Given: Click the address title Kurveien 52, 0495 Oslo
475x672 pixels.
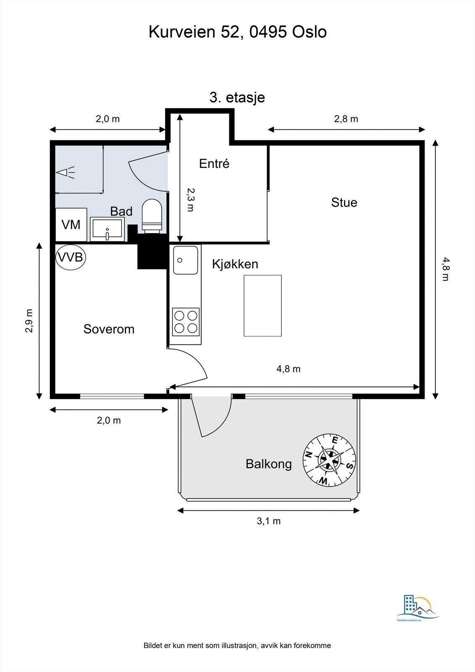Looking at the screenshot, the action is tap(238, 32).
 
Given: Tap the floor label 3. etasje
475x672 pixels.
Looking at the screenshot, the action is tap(237, 98).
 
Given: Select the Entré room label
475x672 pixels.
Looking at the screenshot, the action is tap(214, 163).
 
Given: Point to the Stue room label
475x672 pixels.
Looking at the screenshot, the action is tap(344, 202).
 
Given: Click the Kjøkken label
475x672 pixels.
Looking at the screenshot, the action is tap(235, 264).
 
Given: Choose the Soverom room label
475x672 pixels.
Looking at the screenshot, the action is tap(109, 329).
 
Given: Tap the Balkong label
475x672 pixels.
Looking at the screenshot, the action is tap(268, 464).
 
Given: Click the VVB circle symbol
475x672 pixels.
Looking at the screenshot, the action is tap(71, 257).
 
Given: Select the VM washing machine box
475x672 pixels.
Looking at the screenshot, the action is tap(71, 225).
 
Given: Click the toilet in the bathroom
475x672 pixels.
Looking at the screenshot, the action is tap(152, 216).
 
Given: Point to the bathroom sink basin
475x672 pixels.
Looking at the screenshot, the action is tap(107, 229).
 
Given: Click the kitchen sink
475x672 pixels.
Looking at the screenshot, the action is tap(186, 260).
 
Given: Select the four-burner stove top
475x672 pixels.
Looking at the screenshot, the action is tap(186, 322).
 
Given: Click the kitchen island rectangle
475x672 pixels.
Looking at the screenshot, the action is tap(262, 305).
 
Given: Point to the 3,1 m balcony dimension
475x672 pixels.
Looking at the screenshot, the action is tap(268, 521).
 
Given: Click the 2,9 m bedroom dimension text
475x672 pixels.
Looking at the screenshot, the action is tap(29, 321).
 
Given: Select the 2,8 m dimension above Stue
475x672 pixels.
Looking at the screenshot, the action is tap(346, 119).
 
